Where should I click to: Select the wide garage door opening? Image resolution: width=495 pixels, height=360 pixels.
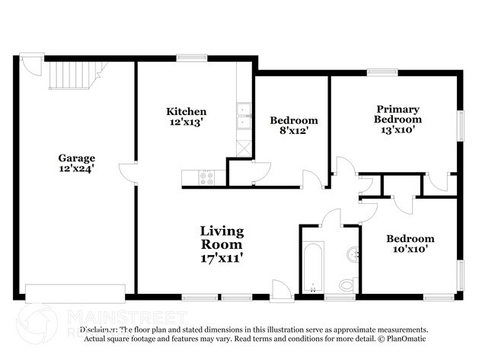coord(75,293)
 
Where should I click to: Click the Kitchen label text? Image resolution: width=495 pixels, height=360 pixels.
coord(186,111)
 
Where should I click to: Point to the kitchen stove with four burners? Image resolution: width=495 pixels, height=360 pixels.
coord(206,177)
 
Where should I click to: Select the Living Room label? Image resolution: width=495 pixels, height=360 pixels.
coord(222,237)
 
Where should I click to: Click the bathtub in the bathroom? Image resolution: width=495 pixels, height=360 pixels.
coord(312,266)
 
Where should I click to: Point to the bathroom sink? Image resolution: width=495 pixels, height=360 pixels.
coord(353,254)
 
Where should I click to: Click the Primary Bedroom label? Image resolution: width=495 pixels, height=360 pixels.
coord(398,114)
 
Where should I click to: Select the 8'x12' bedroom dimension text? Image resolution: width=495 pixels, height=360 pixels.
coord(293,131)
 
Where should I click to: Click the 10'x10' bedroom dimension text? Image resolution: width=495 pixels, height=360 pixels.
coord(410,248)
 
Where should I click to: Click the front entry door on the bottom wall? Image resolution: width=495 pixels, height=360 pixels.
coord(281,289)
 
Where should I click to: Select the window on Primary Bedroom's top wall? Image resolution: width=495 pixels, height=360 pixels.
coord(382,72)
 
